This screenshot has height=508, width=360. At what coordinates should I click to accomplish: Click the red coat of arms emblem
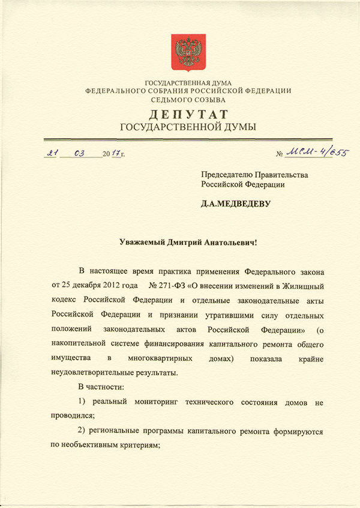click(x=188, y=50)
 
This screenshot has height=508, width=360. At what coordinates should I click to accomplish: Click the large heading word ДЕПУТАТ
click(x=188, y=114)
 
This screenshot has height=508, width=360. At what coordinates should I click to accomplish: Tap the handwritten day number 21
click(x=52, y=153)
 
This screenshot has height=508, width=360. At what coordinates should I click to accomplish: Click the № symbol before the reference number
click(x=279, y=155)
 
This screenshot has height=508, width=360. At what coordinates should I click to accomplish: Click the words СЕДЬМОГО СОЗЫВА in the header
click(x=188, y=99)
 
